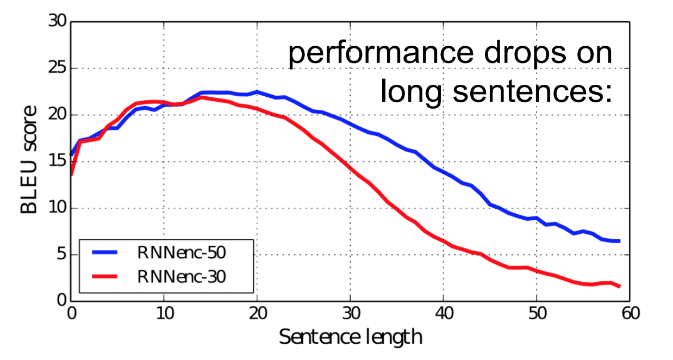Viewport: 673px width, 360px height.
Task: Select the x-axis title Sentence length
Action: pyautogui.click(x=351, y=337)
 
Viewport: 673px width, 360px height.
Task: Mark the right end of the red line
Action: pyautogui.click(x=620, y=286)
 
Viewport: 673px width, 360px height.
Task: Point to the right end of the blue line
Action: pyautogui.click(x=620, y=241)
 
